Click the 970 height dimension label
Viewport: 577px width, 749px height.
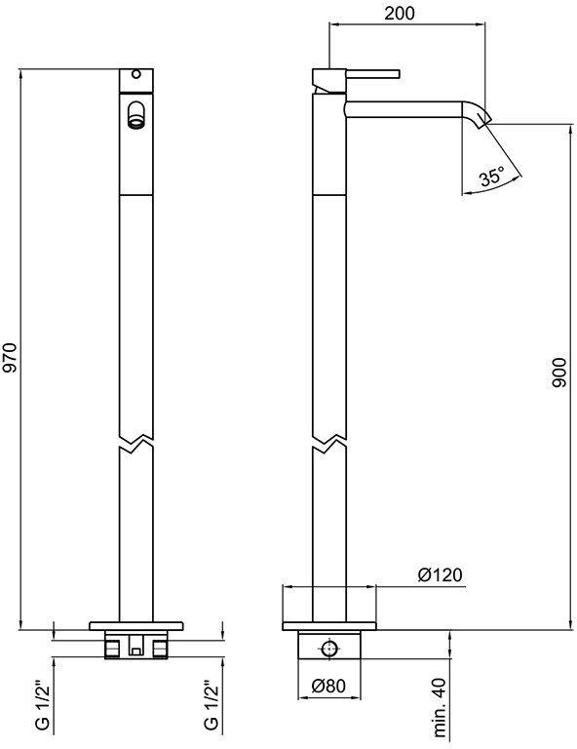[x=10, y=358]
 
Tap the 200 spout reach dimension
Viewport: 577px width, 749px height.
[x=400, y=14]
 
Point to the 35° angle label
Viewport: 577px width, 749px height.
[x=492, y=177]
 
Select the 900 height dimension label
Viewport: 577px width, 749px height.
[x=558, y=373]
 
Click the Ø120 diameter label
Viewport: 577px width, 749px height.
[x=440, y=574]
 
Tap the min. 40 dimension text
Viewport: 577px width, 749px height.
[x=441, y=707]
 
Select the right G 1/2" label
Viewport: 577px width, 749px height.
[x=211, y=706]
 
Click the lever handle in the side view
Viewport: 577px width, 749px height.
[x=372, y=73]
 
